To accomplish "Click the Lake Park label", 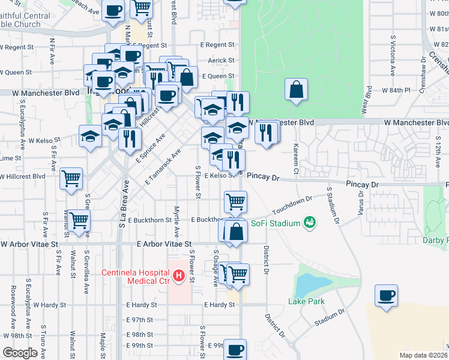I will click(x=302, y=301).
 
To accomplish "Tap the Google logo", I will click(x=20, y=353).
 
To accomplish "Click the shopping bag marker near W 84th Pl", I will click(x=296, y=91).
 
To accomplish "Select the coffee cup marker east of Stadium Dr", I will click(x=386, y=296).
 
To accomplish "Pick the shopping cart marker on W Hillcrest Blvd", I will click(x=71, y=178).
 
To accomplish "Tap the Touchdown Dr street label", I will click(x=292, y=206).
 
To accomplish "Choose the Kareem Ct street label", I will click(x=296, y=155).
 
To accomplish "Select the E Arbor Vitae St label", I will click(x=164, y=244).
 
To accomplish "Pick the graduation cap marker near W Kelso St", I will click(x=90, y=137).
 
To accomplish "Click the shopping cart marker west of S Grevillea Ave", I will click(x=79, y=221).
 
